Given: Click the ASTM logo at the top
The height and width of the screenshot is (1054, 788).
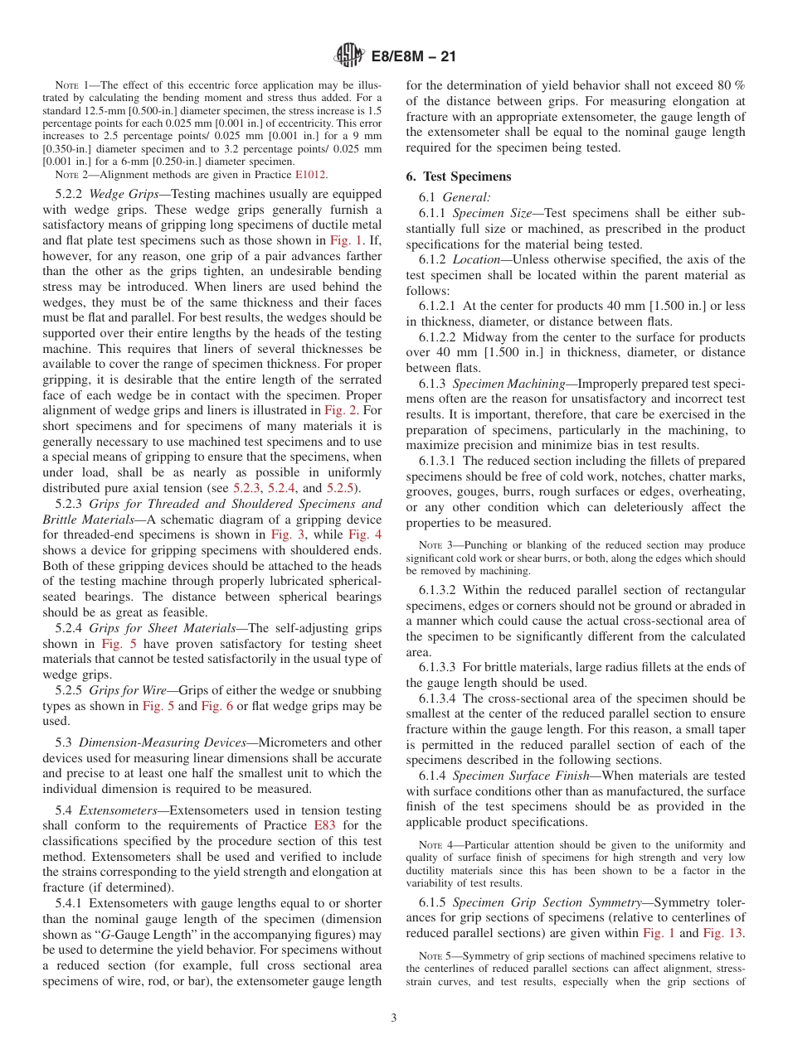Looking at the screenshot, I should pyautogui.click(x=349, y=56).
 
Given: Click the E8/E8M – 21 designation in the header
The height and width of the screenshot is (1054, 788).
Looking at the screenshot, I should pyautogui.click(x=412, y=56).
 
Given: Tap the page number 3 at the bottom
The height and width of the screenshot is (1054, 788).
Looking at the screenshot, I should pyautogui.click(x=394, y=1018).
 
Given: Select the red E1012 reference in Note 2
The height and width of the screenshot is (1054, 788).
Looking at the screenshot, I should pyautogui.click(x=311, y=175).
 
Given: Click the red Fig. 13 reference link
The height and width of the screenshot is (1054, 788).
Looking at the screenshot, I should pyautogui.click(x=724, y=933).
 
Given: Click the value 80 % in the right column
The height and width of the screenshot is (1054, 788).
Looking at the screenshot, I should pyautogui.click(x=730, y=85).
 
